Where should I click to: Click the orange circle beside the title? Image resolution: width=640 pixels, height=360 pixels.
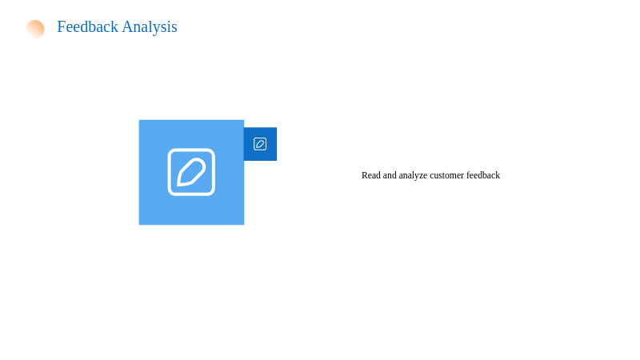coord(35,29)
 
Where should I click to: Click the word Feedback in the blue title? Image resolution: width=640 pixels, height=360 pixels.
coord(87,27)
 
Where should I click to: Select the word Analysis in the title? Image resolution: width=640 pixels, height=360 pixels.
coord(150,27)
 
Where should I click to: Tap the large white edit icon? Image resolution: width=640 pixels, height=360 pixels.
coord(191,172)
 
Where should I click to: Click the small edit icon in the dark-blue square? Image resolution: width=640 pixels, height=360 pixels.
coord(260,144)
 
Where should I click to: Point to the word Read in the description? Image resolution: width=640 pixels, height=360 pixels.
coord(371,175)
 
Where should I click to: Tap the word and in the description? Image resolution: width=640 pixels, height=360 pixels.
coord(390,175)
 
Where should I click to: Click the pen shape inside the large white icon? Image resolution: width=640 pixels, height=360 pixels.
coord(191,172)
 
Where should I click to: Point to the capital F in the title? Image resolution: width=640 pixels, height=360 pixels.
coord(62,27)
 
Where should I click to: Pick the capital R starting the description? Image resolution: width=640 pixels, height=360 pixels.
coord(365,175)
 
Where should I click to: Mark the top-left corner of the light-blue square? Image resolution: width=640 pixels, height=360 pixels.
coord(139,120)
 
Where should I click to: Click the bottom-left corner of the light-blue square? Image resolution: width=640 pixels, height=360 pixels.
coord(139,225)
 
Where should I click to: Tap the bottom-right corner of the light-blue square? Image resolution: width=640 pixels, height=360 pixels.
coord(244,225)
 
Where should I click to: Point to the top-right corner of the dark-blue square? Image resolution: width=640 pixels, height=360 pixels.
coord(277,128)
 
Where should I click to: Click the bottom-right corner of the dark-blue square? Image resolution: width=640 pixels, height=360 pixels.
coord(277,161)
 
